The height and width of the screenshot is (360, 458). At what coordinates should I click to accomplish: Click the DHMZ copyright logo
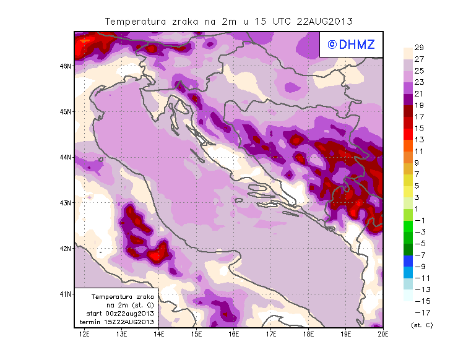coord(351,45)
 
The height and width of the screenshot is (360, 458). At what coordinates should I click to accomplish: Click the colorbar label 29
coord(419,48)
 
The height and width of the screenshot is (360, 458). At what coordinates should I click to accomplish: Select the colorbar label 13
coord(419,140)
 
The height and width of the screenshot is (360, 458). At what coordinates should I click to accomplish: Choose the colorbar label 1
coord(419,209)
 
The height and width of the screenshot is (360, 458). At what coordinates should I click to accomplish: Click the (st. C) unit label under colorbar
coord(421,325)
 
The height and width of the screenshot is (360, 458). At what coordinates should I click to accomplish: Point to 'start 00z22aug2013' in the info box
coord(120,314)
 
